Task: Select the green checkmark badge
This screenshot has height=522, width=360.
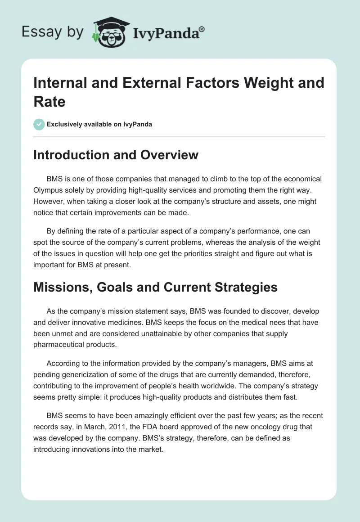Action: coord(39,124)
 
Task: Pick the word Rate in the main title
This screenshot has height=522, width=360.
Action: coord(49,101)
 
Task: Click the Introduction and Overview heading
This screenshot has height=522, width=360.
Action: coord(116,155)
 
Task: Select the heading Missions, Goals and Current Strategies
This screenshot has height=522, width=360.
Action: coord(155,287)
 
